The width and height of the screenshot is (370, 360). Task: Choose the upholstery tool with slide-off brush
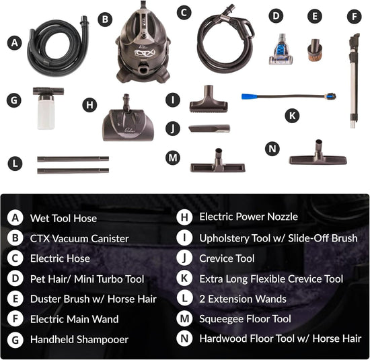[x=208, y=103]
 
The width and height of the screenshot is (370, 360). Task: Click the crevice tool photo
[x=209, y=128]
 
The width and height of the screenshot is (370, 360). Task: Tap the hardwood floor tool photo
[x=318, y=156]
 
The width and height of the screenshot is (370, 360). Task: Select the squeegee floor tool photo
[x=217, y=161]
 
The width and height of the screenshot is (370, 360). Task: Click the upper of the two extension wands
[x=73, y=159]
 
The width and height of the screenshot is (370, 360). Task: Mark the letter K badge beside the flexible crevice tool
[x=291, y=115]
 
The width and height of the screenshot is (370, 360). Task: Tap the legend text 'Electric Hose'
[x=60, y=258]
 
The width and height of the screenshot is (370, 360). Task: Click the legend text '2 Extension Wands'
[x=243, y=298]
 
